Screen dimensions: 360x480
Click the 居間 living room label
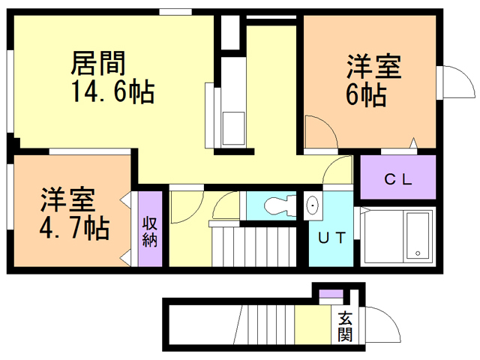point(97,61)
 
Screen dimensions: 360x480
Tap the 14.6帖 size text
point(112,91)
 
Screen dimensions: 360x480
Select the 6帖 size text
point(367,94)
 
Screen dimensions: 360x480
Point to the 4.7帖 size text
point(75,226)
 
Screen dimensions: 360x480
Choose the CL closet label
point(397,179)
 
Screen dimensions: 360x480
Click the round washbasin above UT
point(313,205)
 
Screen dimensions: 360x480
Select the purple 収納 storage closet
point(150,229)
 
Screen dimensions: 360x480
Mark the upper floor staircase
point(259,244)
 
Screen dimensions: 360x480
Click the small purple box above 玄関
point(331,293)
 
